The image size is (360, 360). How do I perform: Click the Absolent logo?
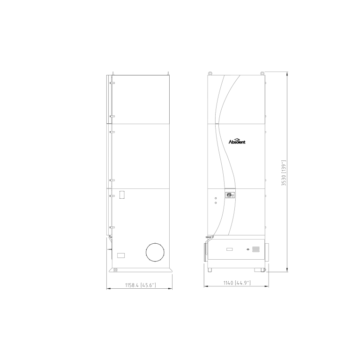click(x=237, y=141)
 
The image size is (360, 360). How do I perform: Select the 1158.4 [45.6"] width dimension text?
click(x=140, y=285)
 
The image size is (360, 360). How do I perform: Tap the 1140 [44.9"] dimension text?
click(x=237, y=283)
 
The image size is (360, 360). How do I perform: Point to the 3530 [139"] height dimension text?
click(x=284, y=172)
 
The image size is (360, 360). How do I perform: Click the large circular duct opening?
click(x=155, y=252)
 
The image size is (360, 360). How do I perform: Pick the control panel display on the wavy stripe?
click(x=230, y=195)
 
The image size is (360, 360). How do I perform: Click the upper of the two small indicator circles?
click(x=216, y=198)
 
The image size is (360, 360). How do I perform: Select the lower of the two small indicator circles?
click(x=216, y=202)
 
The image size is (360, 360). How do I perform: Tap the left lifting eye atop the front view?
click(x=210, y=73)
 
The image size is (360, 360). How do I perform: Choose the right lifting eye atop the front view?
click(x=262, y=73)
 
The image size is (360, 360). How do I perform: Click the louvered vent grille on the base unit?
click(x=256, y=249)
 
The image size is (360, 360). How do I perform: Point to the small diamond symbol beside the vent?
click(x=248, y=249)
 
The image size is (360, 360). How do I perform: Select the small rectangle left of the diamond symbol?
click(x=230, y=249)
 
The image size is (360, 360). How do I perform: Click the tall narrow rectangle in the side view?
click(x=122, y=195)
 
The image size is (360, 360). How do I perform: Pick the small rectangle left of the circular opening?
click(x=121, y=255)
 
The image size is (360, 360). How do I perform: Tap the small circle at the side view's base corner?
click(x=115, y=270)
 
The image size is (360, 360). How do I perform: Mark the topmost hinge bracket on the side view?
click(x=112, y=83)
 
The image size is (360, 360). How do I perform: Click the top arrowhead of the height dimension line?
click(x=287, y=74)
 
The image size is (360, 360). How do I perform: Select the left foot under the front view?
click(x=210, y=270)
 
